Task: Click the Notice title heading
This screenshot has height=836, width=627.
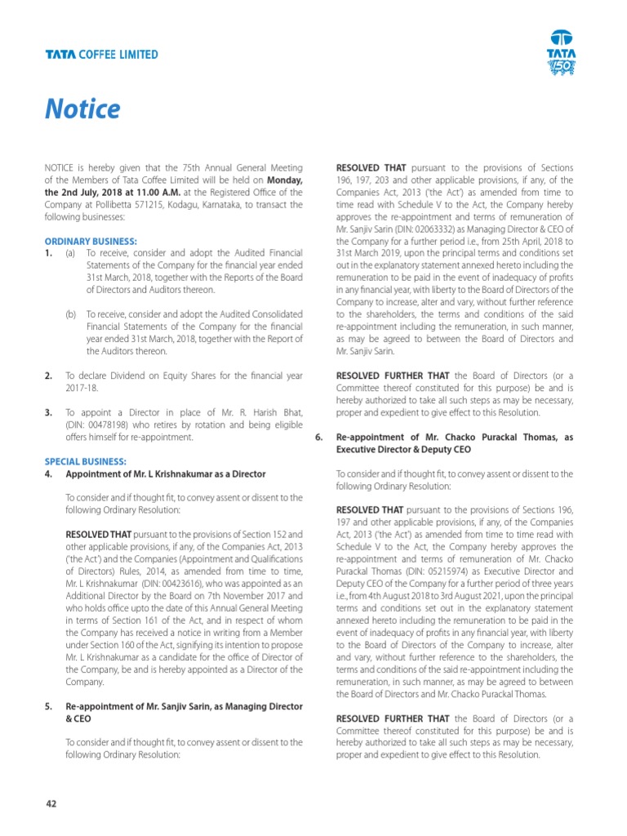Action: pos(82,109)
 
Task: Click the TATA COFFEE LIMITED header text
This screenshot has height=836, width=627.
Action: pos(101,55)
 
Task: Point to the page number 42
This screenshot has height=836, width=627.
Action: pos(51,803)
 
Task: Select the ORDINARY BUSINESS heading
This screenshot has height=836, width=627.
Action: pos(90,242)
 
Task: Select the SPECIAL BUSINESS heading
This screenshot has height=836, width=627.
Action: pos(85,461)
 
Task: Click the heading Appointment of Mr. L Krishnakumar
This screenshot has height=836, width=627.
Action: pos(165,474)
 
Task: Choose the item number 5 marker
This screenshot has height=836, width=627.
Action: pos(48,706)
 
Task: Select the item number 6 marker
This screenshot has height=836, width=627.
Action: pos(320,438)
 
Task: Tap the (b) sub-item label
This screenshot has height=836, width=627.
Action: pos(71,314)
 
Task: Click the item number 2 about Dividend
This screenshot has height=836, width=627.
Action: pos(48,376)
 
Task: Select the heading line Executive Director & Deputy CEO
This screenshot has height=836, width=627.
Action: pos(403,450)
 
